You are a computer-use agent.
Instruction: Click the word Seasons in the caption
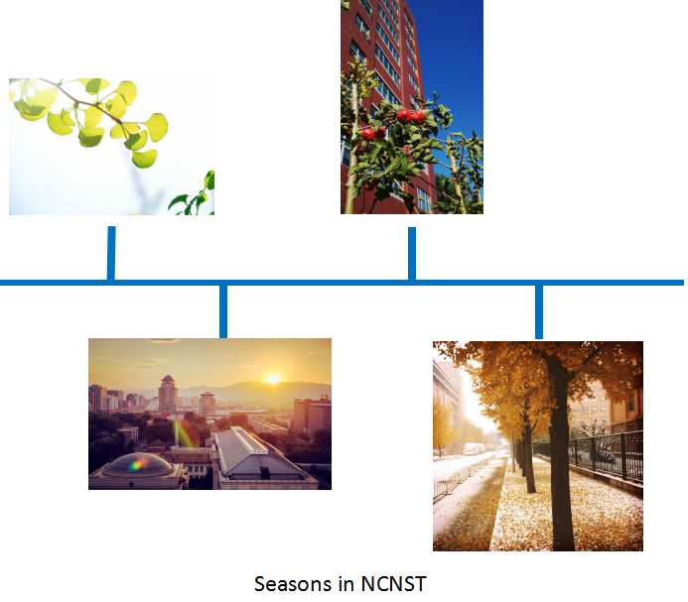coord(294,584)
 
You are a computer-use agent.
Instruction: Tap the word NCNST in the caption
coord(393,584)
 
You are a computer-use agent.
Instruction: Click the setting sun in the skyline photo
coord(273,379)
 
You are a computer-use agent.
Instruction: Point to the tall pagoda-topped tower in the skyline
coord(167,394)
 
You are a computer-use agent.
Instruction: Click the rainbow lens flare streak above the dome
coord(183,433)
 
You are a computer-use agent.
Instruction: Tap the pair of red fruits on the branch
coord(412,116)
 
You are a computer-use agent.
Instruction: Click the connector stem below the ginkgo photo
coord(111,253)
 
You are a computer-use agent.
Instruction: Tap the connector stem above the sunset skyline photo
coord(223,311)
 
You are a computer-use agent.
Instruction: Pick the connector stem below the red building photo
coord(412,254)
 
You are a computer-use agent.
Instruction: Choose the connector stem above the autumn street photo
coord(539,312)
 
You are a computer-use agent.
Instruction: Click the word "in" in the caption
coord(346,584)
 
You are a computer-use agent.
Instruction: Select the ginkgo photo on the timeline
coord(111,147)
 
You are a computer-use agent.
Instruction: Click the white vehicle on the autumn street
coord(474,448)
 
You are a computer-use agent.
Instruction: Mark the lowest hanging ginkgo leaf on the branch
coord(144,159)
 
